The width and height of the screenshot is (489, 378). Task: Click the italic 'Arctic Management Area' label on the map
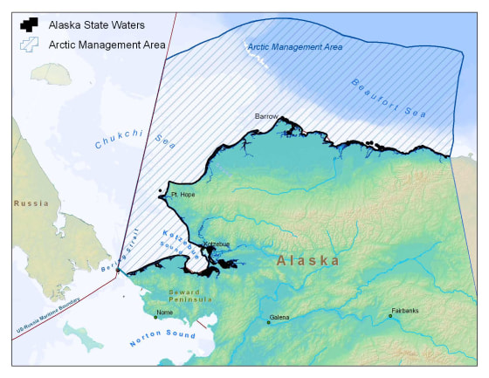293,45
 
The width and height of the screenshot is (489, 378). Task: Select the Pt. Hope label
182,195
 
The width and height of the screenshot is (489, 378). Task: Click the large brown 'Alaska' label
307,260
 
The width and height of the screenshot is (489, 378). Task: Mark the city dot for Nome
155,317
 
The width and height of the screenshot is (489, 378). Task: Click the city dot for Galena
269,322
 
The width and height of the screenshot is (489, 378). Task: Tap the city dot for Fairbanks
390,316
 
